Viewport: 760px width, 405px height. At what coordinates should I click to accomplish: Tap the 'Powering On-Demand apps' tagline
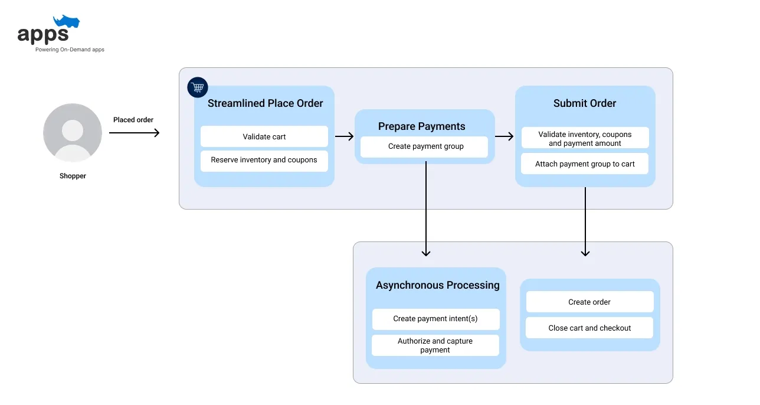(x=70, y=50)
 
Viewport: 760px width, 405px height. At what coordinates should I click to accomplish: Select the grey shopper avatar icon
(x=73, y=133)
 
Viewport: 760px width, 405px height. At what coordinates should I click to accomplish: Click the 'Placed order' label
(x=133, y=120)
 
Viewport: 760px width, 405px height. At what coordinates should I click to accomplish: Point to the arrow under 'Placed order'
(x=134, y=133)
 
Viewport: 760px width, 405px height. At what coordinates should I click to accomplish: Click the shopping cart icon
(x=198, y=87)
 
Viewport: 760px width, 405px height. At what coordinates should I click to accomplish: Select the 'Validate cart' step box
(x=264, y=136)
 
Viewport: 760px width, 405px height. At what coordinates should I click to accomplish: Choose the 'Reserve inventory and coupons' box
(x=264, y=161)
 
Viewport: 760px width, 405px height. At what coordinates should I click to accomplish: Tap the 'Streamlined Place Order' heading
(x=266, y=103)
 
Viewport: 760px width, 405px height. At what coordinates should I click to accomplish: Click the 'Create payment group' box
(x=425, y=146)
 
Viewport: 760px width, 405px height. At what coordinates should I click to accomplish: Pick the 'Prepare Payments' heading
(x=421, y=126)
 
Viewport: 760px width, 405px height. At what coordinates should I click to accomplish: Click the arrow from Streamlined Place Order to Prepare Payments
(x=345, y=136)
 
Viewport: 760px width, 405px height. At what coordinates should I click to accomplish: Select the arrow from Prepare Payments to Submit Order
(x=505, y=136)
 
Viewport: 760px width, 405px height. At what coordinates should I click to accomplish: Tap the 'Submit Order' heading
(x=585, y=103)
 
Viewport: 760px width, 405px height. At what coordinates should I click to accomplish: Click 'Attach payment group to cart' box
(x=585, y=164)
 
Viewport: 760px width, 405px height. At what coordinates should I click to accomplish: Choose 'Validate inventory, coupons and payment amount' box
(x=585, y=138)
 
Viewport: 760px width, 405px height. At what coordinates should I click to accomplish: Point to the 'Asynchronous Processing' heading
(x=437, y=285)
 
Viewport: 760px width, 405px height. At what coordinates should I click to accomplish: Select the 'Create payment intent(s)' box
(x=435, y=319)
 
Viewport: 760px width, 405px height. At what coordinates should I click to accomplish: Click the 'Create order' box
(x=589, y=302)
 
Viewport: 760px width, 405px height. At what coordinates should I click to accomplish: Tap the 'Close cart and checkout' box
(x=589, y=328)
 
